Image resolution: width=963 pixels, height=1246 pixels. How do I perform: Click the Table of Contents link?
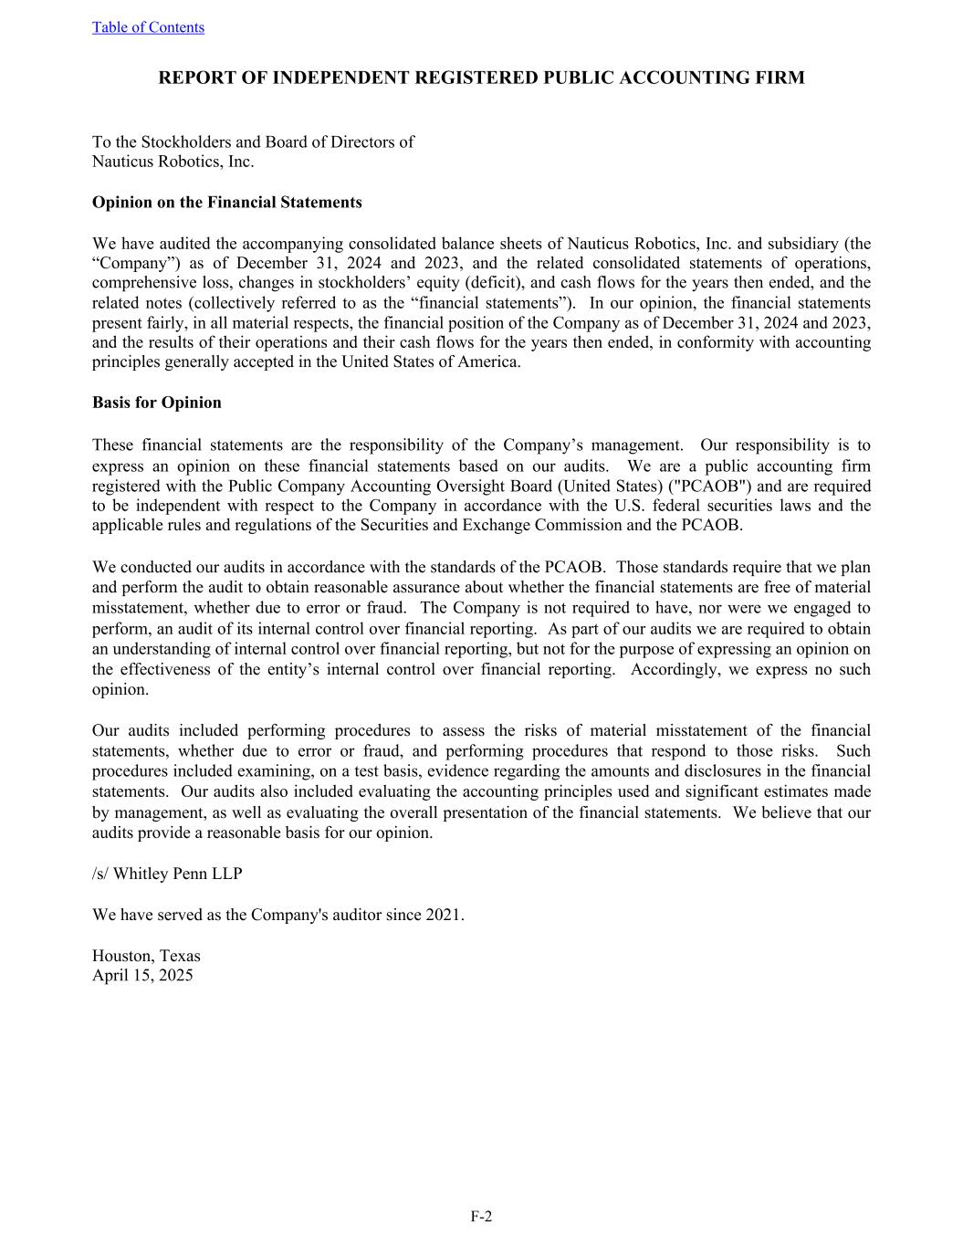[x=148, y=27]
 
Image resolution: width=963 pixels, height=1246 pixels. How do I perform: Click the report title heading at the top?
[x=481, y=78]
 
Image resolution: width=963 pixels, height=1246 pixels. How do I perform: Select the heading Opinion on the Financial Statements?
[x=226, y=203]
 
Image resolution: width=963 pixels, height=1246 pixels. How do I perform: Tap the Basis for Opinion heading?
[x=156, y=403]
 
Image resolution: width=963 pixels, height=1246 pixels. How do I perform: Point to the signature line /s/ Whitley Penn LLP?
[x=167, y=874]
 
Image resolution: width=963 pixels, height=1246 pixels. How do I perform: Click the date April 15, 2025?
[x=142, y=975]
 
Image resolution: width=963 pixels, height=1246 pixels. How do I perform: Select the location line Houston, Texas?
[x=146, y=956]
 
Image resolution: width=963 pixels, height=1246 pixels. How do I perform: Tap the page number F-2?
[x=481, y=1216]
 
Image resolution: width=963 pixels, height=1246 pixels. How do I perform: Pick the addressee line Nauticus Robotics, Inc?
[x=173, y=162]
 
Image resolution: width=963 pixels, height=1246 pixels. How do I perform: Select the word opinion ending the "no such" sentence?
[x=120, y=689]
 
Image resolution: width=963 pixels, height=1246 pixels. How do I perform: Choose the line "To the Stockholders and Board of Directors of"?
[x=253, y=141]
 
